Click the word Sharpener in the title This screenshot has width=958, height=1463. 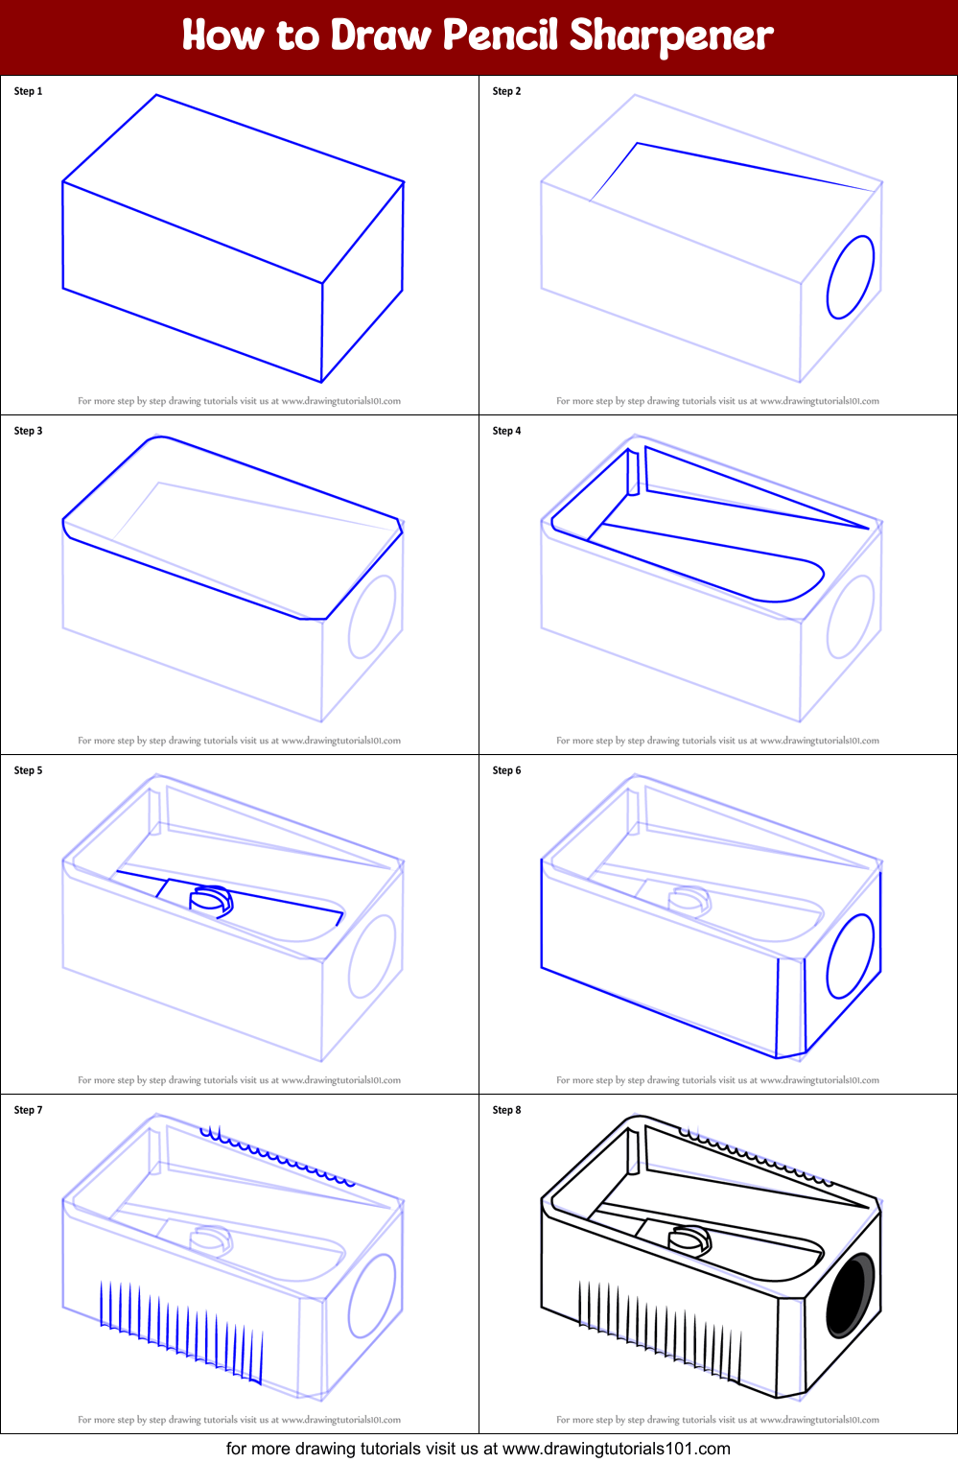(x=670, y=35)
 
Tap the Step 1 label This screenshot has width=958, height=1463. (x=28, y=91)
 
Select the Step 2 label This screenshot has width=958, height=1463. (x=506, y=91)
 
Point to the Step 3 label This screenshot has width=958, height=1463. (x=28, y=431)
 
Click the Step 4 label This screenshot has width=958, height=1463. (x=506, y=431)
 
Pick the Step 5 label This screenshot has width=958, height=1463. (x=28, y=770)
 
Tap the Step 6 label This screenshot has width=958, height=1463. (x=506, y=770)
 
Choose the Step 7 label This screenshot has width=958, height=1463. (x=28, y=1110)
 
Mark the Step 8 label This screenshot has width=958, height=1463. (x=506, y=1110)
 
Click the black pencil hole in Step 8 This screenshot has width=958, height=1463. (x=850, y=1295)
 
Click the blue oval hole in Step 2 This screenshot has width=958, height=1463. (x=851, y=276)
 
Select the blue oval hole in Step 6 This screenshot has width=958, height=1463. (x=851, y=956)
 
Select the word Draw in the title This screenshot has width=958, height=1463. (x=381, y=35)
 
